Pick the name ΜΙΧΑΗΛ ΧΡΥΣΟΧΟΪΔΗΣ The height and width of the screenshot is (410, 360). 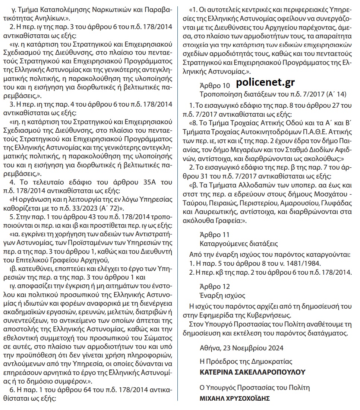[234, 398]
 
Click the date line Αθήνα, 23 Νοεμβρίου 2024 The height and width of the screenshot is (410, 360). [241, 348]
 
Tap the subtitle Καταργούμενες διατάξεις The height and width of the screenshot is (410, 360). [239, 244]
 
